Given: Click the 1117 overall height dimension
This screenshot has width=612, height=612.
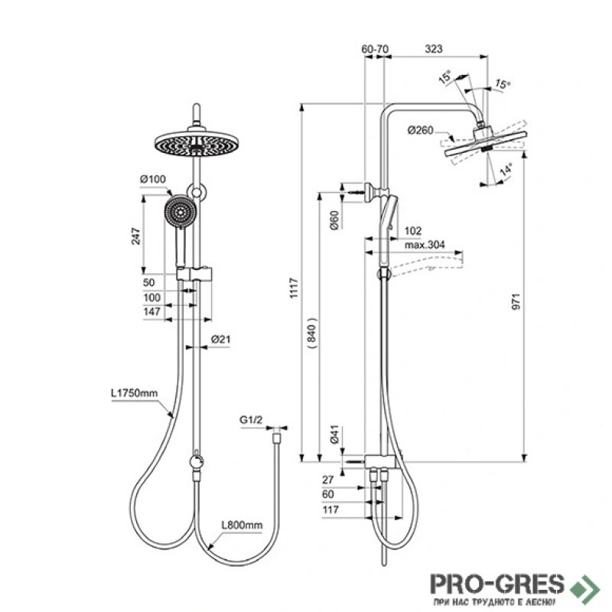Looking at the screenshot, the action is coord(294,288).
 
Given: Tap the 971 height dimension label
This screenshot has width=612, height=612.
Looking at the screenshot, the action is coord(516,301).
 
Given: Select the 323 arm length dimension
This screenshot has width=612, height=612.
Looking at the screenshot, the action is coord(434,49).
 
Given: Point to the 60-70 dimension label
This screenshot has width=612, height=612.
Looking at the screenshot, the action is coord(375,49).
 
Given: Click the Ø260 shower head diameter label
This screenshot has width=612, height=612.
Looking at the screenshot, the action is coord(420,130).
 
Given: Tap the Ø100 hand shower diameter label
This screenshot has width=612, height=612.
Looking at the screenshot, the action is coord(152,179).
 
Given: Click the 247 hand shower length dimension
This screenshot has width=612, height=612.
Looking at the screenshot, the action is coord(135,236).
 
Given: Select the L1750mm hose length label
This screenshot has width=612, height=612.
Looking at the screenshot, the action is coord(135,393).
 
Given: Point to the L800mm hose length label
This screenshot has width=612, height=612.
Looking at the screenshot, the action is coord(242,525).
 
